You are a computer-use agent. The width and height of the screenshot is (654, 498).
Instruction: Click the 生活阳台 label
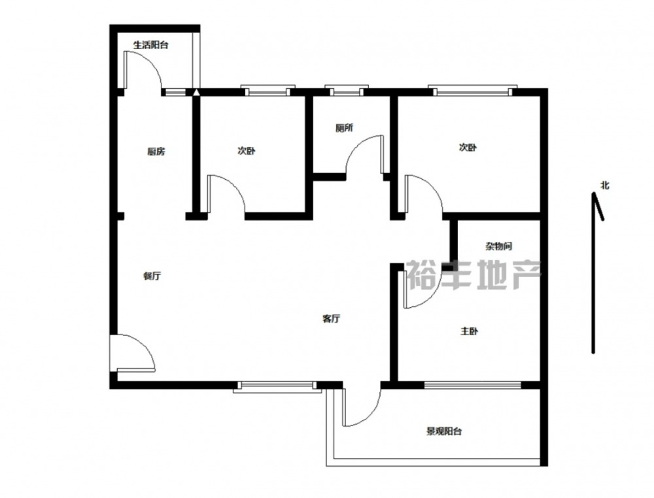(150, 45)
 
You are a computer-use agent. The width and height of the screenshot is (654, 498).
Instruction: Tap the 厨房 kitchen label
(156, 151)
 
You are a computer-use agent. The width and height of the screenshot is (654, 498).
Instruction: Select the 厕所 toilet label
(344, 128)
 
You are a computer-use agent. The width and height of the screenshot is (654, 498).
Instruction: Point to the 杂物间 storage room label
(498, 246)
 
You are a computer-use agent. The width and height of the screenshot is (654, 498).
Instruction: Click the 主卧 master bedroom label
(469, 331)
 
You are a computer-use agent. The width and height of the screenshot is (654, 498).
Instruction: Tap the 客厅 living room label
(332, 319)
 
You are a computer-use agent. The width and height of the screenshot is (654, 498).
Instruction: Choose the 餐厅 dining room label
(152, 276)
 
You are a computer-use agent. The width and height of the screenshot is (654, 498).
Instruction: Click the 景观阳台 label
(444, 431)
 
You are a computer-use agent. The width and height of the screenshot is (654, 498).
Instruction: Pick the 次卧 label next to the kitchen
(247, 151)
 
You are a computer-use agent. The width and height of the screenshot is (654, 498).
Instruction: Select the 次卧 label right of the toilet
(468, 148)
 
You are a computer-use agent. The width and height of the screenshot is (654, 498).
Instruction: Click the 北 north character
(605, 185)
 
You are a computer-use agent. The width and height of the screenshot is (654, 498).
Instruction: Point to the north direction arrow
(593, 273)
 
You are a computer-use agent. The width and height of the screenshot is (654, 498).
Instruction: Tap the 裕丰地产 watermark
(473, 274)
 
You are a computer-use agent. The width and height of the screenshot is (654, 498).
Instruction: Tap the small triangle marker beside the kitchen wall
(196, 92)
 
